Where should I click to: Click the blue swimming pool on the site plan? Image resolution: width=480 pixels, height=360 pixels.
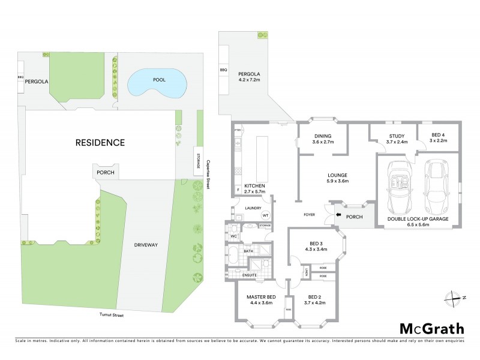pos(156,83)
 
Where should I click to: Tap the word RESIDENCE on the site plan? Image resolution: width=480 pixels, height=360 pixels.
pos(100,143)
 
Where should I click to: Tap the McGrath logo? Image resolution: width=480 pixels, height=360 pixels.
pos(431,328)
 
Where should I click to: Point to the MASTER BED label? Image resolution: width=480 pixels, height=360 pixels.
pos(260,300)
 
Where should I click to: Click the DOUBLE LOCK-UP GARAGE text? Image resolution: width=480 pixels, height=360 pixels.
pos(418,220)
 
